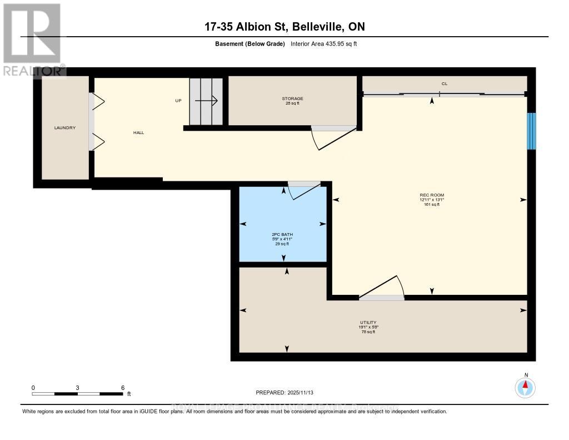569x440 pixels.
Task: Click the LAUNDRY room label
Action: click(65, 128)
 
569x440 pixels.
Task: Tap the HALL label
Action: click(138, 132)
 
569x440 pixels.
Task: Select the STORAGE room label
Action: click(292, 98)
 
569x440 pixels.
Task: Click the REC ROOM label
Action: click(432, 195)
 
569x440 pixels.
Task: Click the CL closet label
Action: click(444, 83)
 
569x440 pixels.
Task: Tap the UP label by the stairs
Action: click(178, 101)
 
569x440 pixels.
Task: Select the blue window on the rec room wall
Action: click(531, 131)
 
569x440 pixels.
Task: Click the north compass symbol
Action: click(526, 387)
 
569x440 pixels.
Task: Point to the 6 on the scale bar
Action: click(123, 387)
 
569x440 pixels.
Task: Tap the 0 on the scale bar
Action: click(33, 387)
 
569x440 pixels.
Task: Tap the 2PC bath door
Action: click(305, 189)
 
